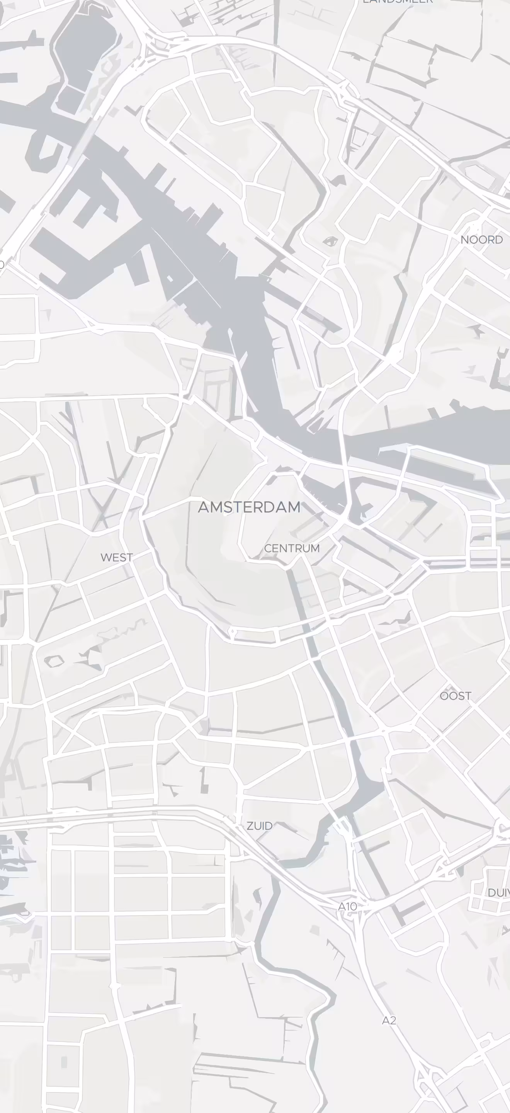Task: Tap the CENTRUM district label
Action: (x=292, y=548)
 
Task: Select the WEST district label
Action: (x=117, y=557)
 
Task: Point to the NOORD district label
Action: (x=481, y=240)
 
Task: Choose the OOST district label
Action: (x=455, y=696)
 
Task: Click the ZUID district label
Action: (x=260, y=826)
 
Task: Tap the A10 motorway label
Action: (x=348, y=907)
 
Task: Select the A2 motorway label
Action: (x=389, y=1020)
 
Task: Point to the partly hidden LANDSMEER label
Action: (x=397, y=2)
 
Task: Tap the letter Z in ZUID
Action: (x=250, y=826)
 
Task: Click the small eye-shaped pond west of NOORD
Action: (x=330, y=241)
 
